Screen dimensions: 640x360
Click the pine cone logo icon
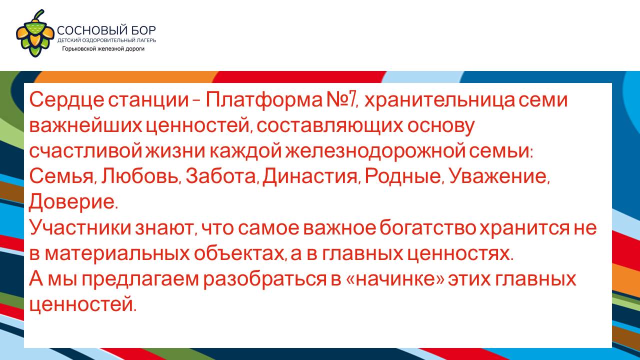point(35,33)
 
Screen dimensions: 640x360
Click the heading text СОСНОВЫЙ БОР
point(106,30)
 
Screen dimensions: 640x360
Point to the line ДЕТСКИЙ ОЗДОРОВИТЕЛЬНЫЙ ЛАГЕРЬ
point(106,40)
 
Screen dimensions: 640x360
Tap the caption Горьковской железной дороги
point(103,49)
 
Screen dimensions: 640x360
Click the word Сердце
point(66,100)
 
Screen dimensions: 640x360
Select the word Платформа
point(263,100)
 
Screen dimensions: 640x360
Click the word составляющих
point(330,126)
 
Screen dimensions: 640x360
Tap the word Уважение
point(499,177)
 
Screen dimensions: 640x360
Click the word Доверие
point(73,202)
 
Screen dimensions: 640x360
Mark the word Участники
point(80,227)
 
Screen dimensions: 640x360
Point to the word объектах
point(240,253)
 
